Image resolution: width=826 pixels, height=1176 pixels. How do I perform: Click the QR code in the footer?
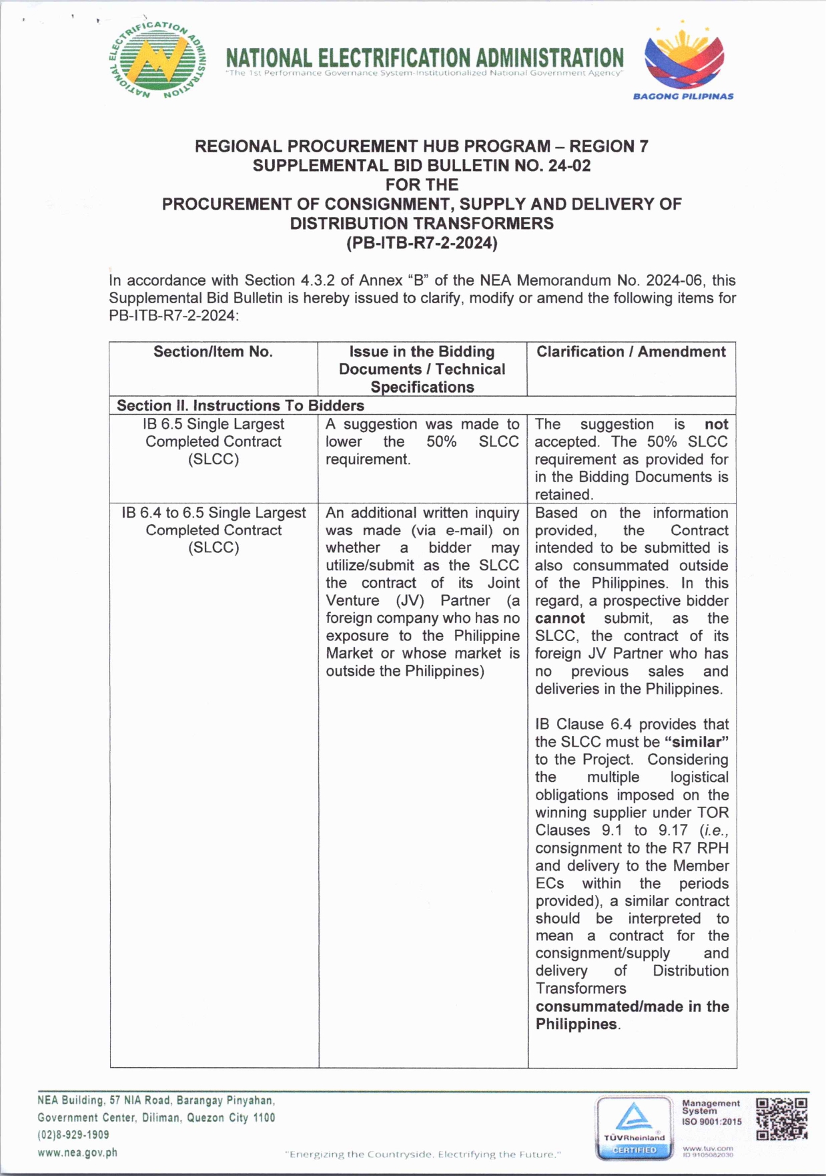[x=781, y=1119]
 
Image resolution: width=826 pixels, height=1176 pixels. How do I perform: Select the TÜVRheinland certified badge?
[x=634, y=1127]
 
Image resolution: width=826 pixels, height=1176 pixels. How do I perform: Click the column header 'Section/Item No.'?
[x=213, y=352]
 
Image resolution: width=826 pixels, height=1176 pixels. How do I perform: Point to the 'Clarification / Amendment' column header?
[x=631, y=352]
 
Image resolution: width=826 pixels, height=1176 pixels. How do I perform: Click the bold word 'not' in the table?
[x=716, y=424]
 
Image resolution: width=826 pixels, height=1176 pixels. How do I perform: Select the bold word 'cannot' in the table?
[x=560, y=618]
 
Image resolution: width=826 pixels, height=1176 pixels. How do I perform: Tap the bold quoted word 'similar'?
[x=696, y=742]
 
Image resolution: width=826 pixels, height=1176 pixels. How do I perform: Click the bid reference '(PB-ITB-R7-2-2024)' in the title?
[x=422, y=243]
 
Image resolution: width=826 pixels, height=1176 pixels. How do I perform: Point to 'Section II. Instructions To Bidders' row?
[x=240, y=405]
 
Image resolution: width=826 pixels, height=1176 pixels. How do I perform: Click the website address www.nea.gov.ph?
[x=77, y=1153]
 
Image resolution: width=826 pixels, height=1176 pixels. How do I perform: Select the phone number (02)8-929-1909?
[x=73, y=1135]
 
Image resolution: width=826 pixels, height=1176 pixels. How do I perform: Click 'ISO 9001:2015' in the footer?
[x=711, y=1122]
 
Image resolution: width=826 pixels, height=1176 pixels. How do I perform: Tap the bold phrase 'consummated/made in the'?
[x=631, y=1006]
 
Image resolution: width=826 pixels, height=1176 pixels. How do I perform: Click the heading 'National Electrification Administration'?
[x=424, y=58]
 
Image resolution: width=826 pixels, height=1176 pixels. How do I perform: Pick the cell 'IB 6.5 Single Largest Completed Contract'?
[x=213, y=441]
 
